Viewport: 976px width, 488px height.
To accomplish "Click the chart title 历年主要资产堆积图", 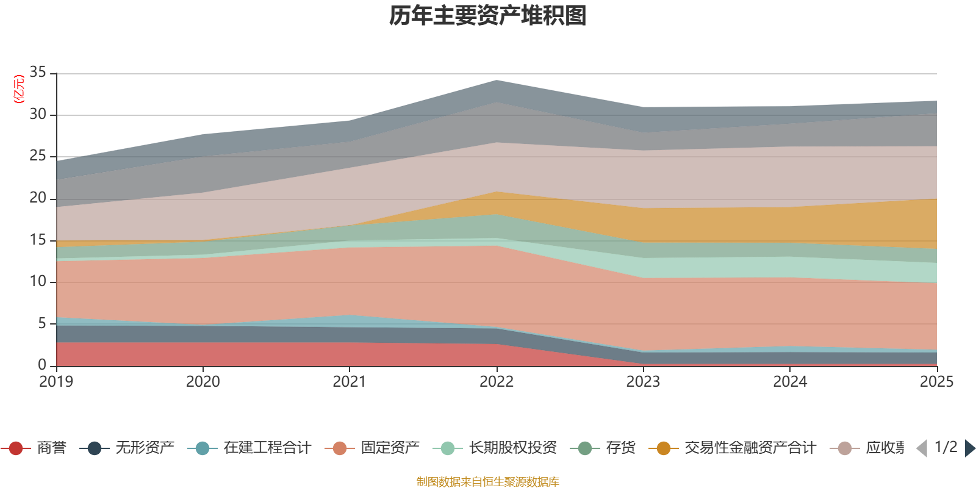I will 488,16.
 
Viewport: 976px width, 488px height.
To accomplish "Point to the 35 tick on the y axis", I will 38,73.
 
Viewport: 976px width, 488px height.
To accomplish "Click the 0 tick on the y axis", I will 42,365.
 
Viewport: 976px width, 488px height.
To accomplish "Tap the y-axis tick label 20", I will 38,198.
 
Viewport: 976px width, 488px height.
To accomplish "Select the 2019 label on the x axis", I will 56,382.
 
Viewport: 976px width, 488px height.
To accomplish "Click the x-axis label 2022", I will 497,382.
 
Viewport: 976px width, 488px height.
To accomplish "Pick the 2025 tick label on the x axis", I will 936,382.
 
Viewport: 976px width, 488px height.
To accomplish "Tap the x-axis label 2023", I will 643,382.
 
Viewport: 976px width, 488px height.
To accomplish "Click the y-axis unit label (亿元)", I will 19,89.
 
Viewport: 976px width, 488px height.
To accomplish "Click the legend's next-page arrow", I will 970,448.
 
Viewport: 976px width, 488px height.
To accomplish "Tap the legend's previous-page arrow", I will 922,448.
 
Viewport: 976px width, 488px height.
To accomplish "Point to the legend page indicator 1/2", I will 946,447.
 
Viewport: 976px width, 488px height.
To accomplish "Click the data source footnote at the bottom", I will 487,482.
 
